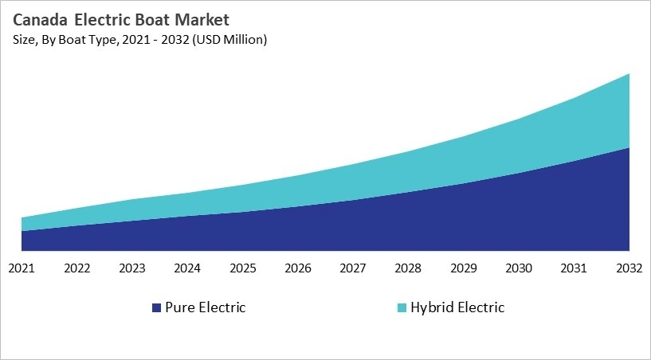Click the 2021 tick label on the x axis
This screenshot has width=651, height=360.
pos(22,268)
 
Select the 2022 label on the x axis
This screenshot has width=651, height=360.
pos(77,268)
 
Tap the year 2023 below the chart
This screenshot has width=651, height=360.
pos(132,268)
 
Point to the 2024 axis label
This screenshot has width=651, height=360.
pos(187,268)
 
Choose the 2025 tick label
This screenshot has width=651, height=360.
pos(243,268)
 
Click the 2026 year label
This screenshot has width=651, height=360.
pos(298,268)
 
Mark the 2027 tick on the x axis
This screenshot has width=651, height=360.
pos(353,268)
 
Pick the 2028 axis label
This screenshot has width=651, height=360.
pos(409,268)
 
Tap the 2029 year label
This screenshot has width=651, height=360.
pos(464,268)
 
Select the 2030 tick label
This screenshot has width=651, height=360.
pos(519,268)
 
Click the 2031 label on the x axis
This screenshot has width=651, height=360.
pos(575,268)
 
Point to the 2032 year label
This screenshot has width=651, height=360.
pos(629,268)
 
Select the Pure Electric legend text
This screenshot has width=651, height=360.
pos(205,307)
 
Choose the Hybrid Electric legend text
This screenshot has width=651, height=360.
pos(457,307)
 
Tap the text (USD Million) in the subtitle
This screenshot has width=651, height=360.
pos(227,40)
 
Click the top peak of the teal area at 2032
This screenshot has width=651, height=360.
pos(629,74)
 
